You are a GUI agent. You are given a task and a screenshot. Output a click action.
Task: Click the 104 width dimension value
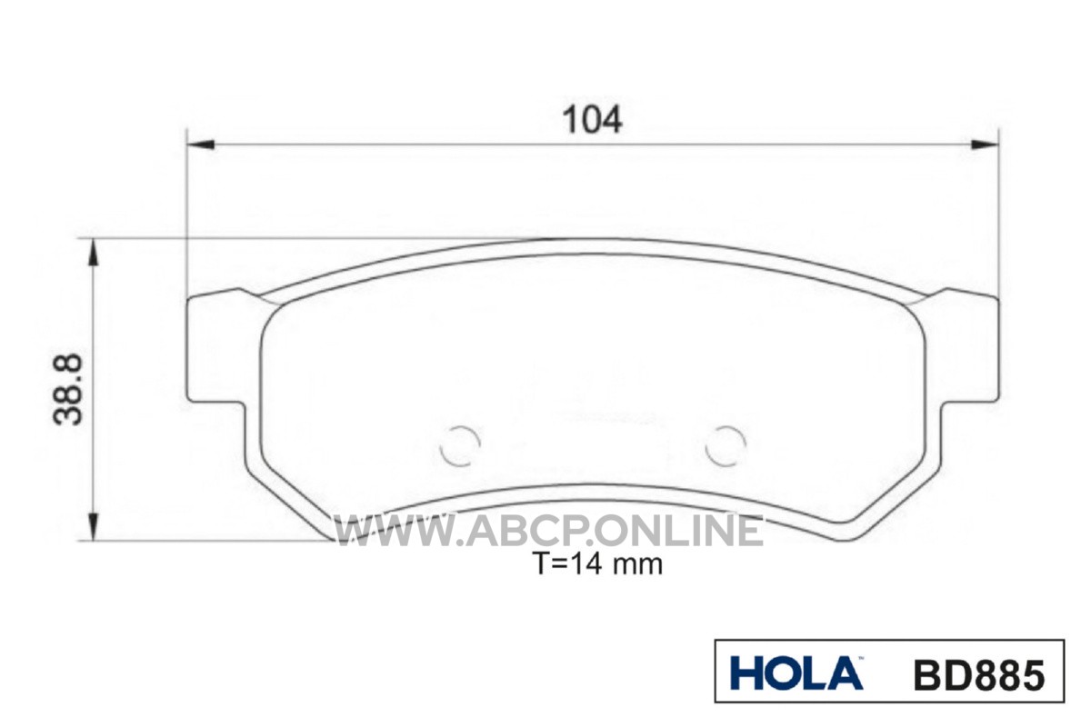[592, 120]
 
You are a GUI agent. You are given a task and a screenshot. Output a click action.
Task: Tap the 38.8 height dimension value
[68, 390]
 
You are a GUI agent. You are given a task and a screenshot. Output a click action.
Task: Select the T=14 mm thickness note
[599, 564]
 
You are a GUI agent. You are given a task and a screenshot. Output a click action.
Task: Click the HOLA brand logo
[796, 673]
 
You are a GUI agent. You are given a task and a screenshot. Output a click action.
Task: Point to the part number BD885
[979, 675]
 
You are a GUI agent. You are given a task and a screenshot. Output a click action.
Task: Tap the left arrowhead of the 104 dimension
[201, 144]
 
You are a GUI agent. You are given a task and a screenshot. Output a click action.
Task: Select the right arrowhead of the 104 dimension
[985, 144]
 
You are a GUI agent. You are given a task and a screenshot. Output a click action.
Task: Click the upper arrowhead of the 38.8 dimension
[94, 253]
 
